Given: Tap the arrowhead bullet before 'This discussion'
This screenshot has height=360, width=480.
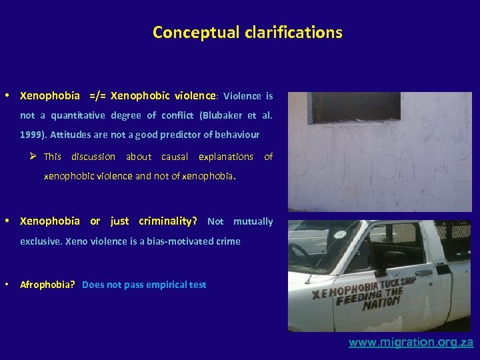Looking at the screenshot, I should coord(32,157).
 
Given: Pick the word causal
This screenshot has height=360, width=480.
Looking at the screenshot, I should coord(175,157).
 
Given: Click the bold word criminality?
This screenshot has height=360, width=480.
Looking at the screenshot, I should coord(168,221).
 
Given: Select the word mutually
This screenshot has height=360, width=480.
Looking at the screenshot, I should coord(253,221).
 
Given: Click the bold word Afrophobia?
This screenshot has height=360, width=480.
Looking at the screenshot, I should coord(47,285).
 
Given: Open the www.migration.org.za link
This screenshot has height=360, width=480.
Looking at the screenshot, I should coord(411,343).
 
